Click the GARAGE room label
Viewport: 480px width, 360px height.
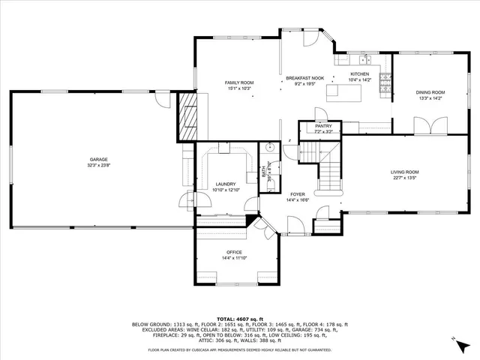[x=99, y=159]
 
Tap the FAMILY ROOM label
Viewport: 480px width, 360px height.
[x=237, y=82]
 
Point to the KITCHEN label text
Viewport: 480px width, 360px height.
[x=361, y=74]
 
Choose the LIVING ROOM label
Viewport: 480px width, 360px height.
[x=404, y=172]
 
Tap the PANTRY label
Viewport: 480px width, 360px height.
[x=323, y=126]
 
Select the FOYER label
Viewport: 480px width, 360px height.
[x=298, y=194]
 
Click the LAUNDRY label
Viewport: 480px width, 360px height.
[x=224, y=184]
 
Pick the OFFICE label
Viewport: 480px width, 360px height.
[x=234, y=252]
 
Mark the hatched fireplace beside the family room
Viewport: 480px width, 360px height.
[x=186, y=115]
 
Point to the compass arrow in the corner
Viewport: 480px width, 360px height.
[x=456, y=340]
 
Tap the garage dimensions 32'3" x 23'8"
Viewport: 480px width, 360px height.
[x=99, y=165]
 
